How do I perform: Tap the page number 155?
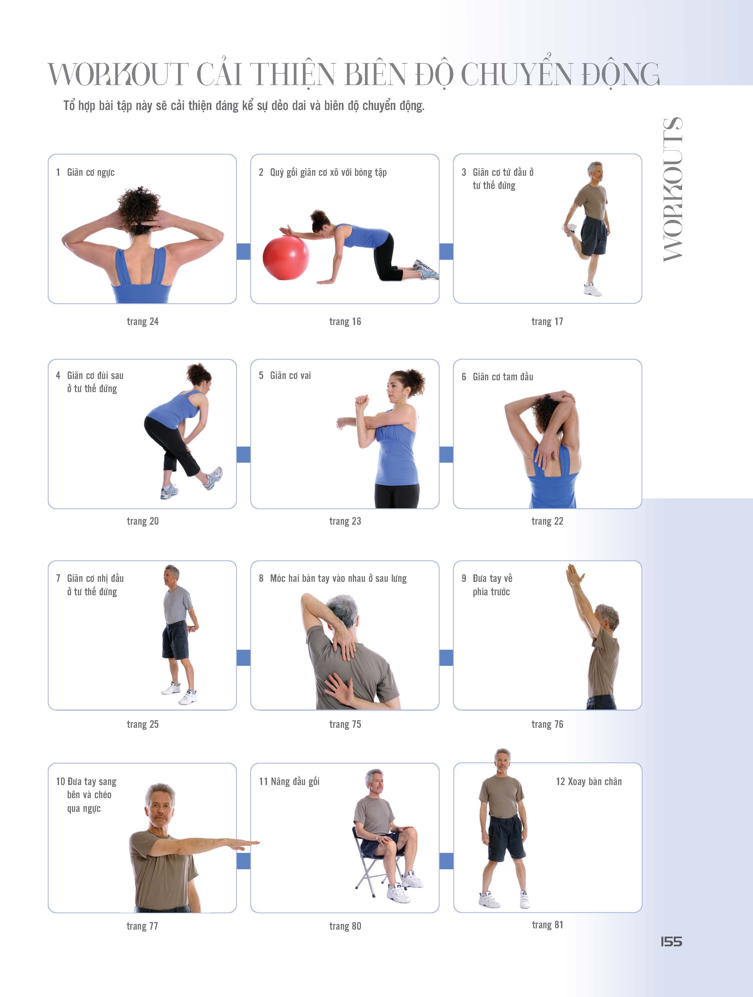click(671, 941)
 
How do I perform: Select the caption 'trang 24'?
click(143, 321)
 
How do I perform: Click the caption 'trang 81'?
click(547, 925)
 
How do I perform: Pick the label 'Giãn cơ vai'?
click(290, 375)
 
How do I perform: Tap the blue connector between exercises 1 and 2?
click(244, 251)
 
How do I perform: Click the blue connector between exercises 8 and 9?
click(446, 658)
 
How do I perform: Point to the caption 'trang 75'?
click(345, 724)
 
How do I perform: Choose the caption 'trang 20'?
click(143, 521)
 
